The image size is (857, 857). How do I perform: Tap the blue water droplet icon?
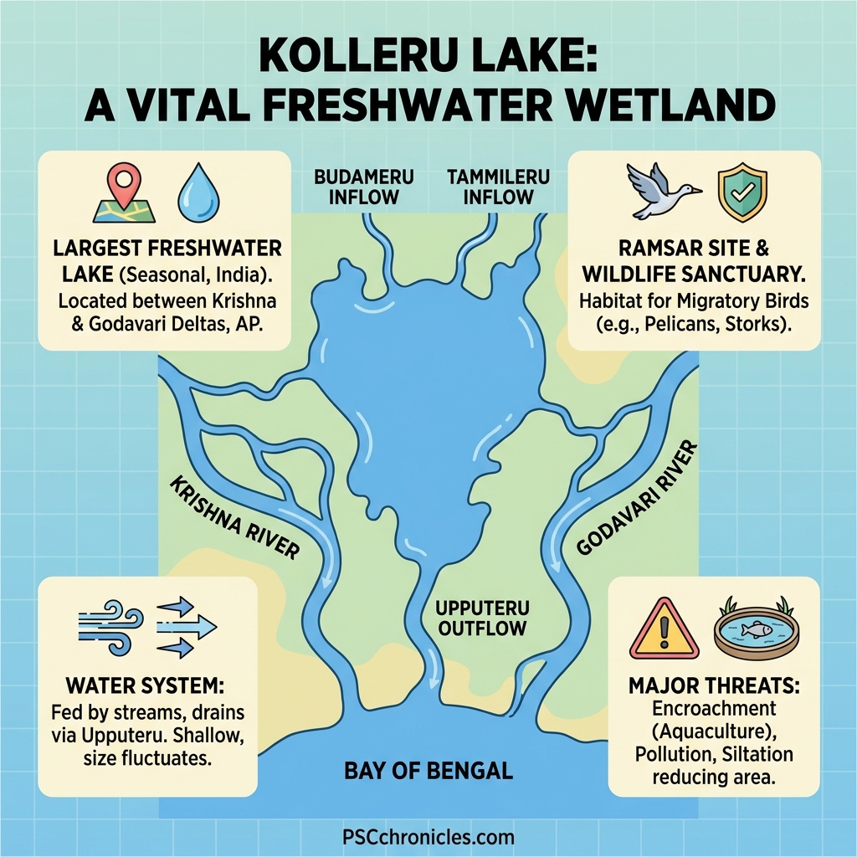[x=198, y=191]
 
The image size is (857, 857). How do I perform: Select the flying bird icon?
[x=662, y=189]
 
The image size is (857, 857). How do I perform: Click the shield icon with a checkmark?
[x=742, y=192]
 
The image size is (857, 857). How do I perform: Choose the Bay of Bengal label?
[x=428, y=770]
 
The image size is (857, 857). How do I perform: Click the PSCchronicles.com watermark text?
[x=428, y=837]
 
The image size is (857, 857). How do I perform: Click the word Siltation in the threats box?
[x=750, y=754]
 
